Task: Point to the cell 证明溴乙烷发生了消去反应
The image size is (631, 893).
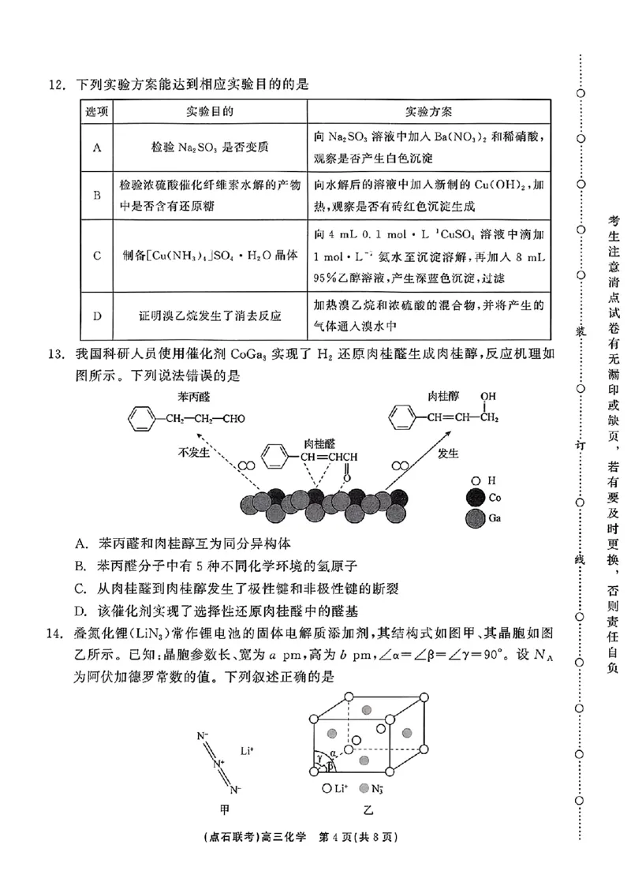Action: [209, 316]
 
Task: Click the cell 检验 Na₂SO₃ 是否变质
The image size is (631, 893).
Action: [209, 147]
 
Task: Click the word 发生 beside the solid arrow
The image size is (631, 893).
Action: [448, 452]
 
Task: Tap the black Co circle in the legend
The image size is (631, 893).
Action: [475, 498]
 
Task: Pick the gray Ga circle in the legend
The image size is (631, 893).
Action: [475, 518]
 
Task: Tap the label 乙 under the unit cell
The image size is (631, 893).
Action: [368, 809]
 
